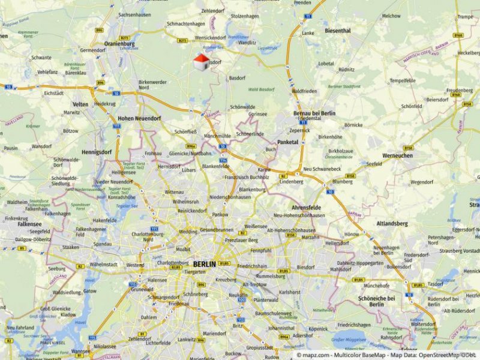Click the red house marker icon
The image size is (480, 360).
(x=202, y=61)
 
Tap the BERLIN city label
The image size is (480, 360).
(x=205, y=264)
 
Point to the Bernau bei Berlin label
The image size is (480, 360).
(x=314, y=113)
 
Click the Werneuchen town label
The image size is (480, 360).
(x=397, y=155)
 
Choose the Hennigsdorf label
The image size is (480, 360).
(x=97, y=152)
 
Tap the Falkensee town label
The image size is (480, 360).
(x=29, y=224)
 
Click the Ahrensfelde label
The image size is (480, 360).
(x=306, y=208)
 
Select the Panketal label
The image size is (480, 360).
(x=289, y=142)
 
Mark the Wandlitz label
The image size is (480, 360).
(x=247, y=43)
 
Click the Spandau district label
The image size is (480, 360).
(x=102, y=244)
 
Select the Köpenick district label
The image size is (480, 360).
(x=318, y=329)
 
